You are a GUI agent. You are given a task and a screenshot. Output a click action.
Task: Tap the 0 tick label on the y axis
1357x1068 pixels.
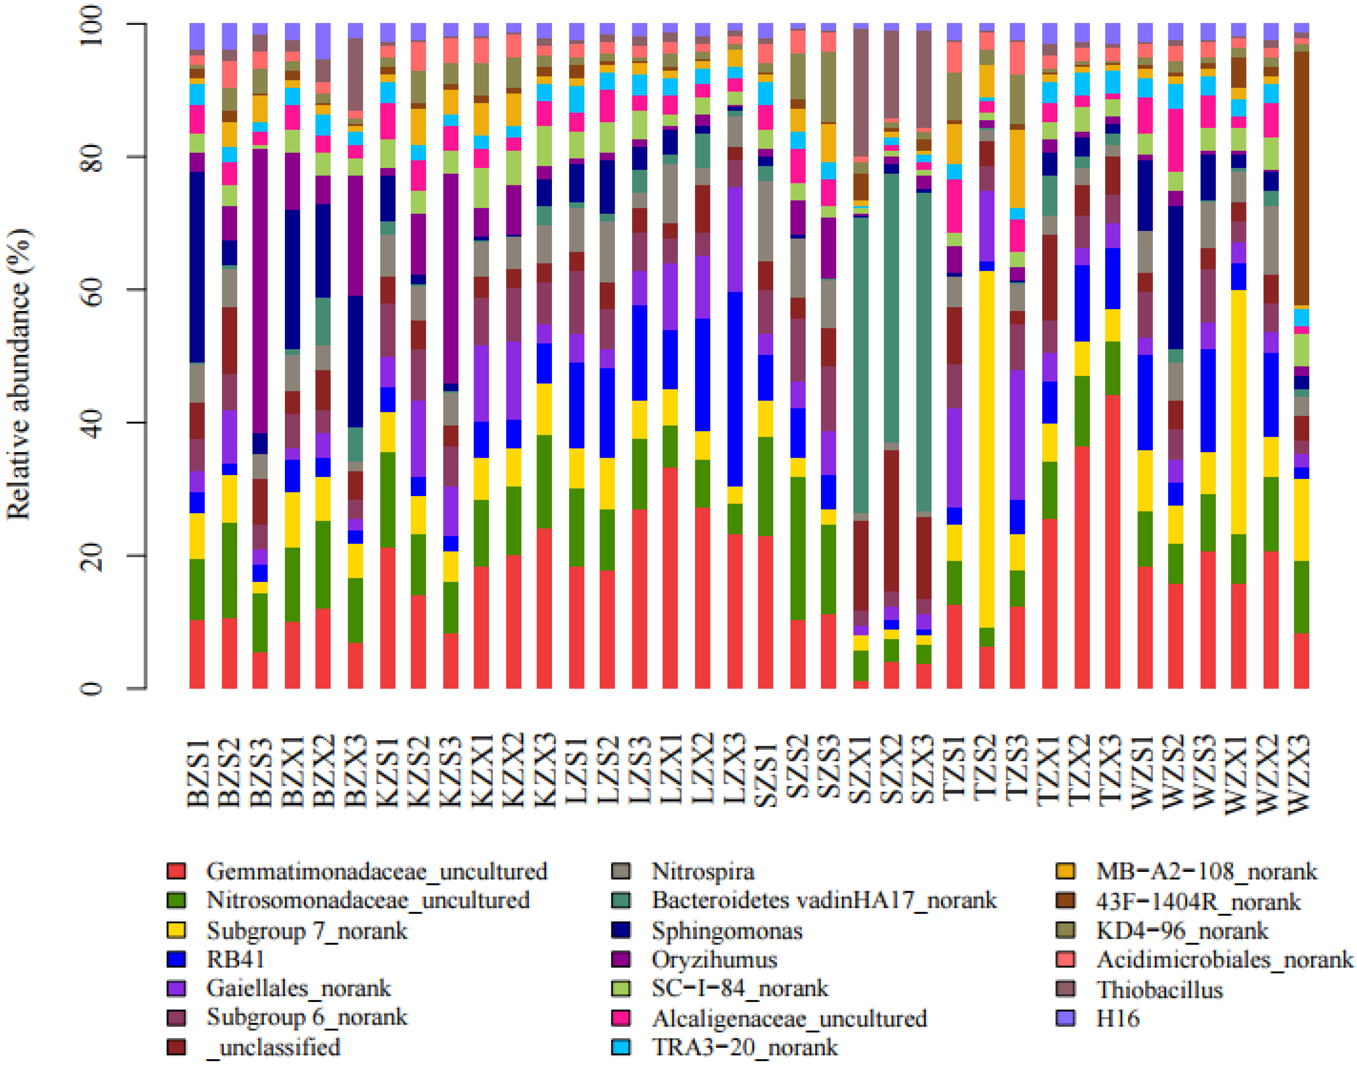pyautogui.click(x=93, y=688)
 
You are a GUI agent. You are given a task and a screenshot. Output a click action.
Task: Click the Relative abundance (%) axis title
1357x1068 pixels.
pyautogui.click(x=19, y=374)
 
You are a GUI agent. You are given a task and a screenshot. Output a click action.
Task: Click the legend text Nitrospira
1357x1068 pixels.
pyautogui.click(x=703, y=871)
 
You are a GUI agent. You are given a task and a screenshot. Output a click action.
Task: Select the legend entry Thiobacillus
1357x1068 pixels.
pyautogui.click(x=1159, y=990)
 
